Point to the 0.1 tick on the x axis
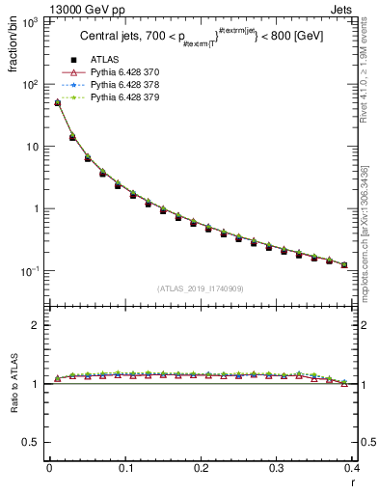[x=125, y=468]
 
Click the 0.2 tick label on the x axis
[x=201, y=468]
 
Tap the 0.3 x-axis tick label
[x=276, y=468]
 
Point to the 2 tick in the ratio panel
[x=37, y=325]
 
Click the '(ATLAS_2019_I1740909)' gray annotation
[x=200, y=288]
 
